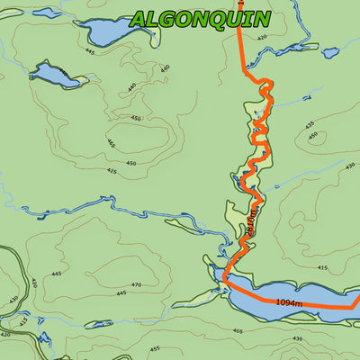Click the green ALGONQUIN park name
pyautogui.click(x=200, y=19)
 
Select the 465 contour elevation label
pyautogui.click(x=111, y=143)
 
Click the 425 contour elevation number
pyautogui.click(x=112, y=170)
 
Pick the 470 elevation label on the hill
pyautogui.click(x=137, y=285)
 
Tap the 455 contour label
pyautogui.click(x=154, y=348)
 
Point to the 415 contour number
pyautogui.click(x=322, y=267)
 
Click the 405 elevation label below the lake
pyautogui.click(x=238, y=331)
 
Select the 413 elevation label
pyautogui.click(x=23, y=320)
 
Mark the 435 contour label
pyautogui.click(x=309, y=125)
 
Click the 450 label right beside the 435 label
pyautogui.click(x=313, y=137)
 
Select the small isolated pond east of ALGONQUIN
pyautogui.click(x=330, y=53)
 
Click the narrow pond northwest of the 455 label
pyautogui.click(x=99, y=323)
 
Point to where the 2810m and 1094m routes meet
pyautogui.click(x=225, y=279)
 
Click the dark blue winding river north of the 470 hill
pyautogui.click(x=108, y=212)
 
